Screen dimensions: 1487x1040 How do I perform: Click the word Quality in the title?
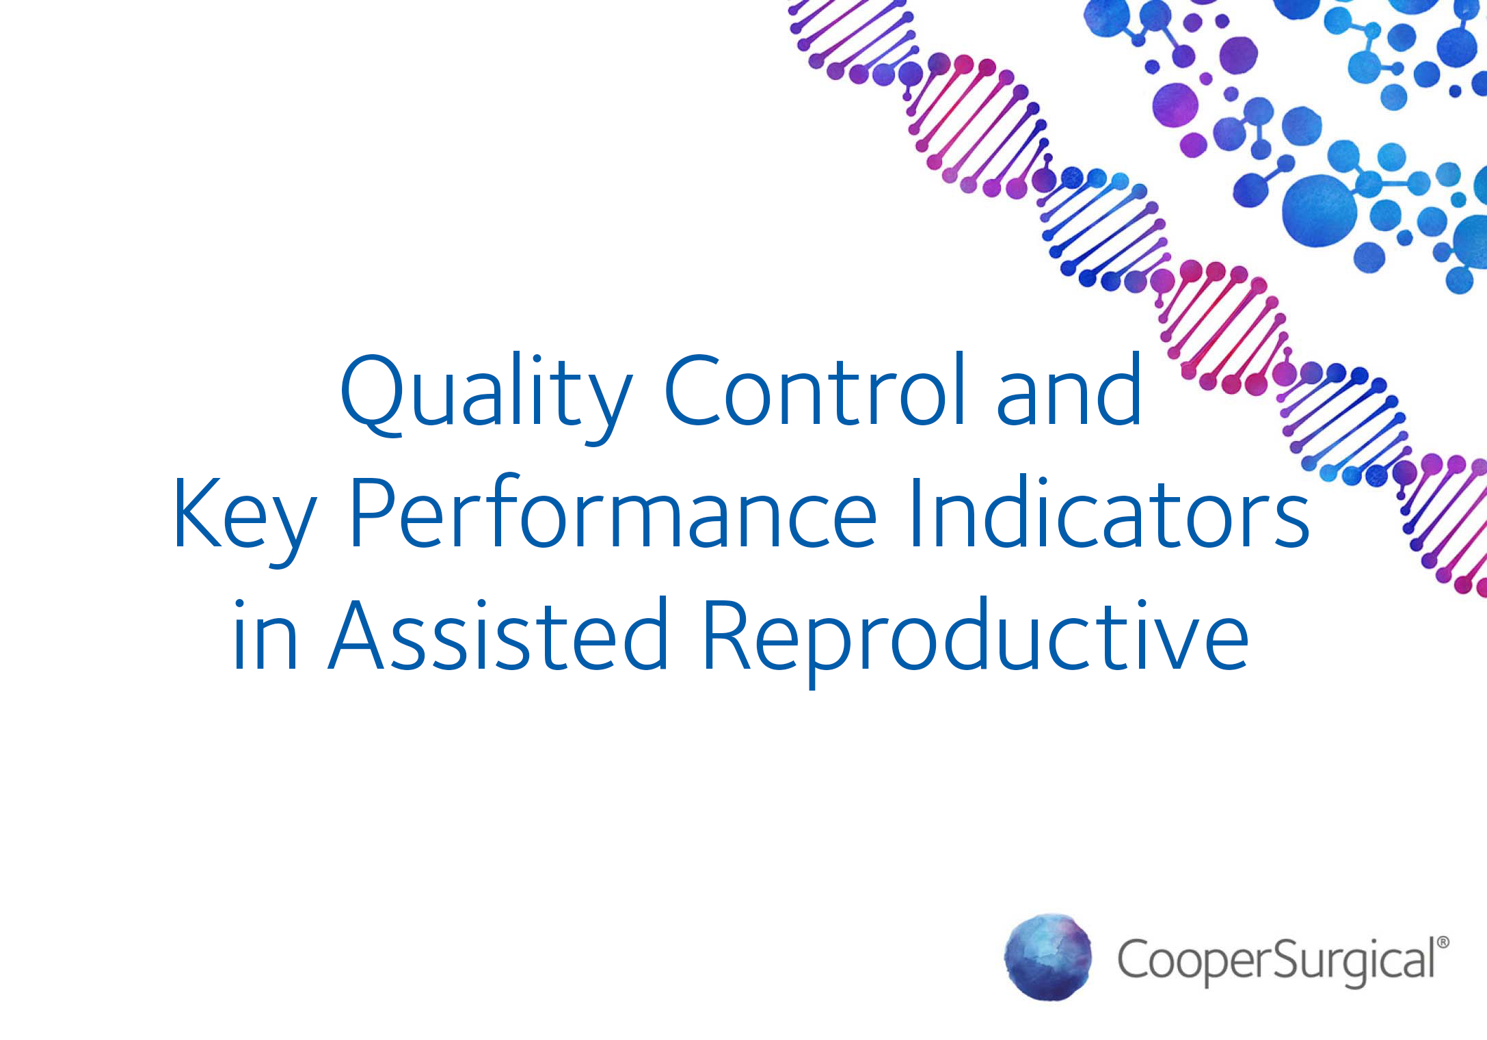pos(486,397)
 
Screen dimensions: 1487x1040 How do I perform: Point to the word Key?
pos(245,520)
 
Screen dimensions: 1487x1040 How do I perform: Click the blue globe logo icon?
pos(1047,957)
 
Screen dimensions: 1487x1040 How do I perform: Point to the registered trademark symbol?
pos(1443,942)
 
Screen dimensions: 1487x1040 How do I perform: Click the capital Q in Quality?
pos(373,395)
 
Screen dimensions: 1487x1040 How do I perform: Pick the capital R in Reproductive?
pos(729,634)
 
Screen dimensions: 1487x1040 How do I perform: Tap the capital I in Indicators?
pos(915,512)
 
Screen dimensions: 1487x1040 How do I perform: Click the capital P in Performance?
pos(373,512)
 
